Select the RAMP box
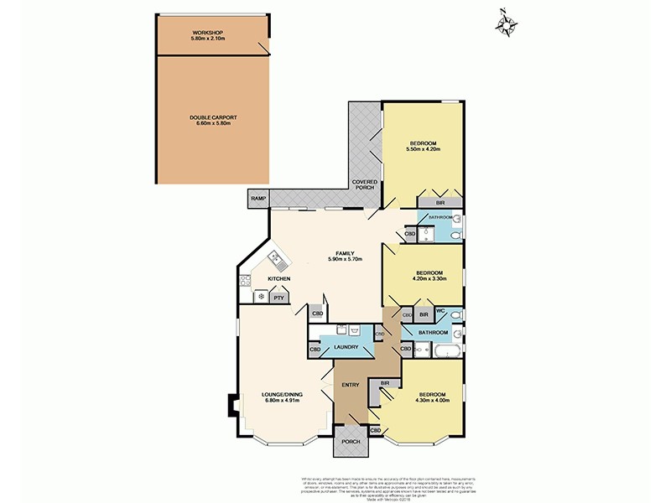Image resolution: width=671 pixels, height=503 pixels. point(258,199)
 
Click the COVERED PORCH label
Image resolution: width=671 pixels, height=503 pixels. point(365,184)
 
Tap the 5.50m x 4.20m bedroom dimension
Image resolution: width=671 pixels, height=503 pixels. point(423,149)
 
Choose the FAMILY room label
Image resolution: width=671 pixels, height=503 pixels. point(344,252)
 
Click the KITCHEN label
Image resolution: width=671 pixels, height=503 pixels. point(279,278)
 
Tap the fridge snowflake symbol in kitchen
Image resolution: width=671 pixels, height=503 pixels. point(260,297)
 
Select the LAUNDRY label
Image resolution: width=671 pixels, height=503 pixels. point(346,347)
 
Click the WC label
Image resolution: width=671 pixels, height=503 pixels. point(440,312)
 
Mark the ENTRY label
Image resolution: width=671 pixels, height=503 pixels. point(350,385)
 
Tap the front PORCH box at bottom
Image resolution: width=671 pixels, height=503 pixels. point(350,442)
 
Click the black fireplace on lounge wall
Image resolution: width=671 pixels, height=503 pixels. point(228,405)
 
